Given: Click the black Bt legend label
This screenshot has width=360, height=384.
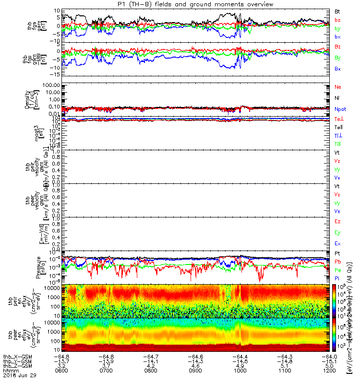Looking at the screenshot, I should (x=338, y=11).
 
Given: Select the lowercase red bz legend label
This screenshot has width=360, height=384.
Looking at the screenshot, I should (x=338, y=20).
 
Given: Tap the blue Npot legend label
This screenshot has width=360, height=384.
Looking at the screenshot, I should (x=340, y=109).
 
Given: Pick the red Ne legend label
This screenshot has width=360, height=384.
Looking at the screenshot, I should (x=338, y=87).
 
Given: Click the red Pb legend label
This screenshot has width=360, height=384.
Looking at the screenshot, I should (x=338, y=262).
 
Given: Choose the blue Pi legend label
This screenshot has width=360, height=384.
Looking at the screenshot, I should (x=337, y=278).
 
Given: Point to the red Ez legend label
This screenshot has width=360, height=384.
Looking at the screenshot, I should (x=338, y=222).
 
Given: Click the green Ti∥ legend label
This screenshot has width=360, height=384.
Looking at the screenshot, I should (x=338, y=144).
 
